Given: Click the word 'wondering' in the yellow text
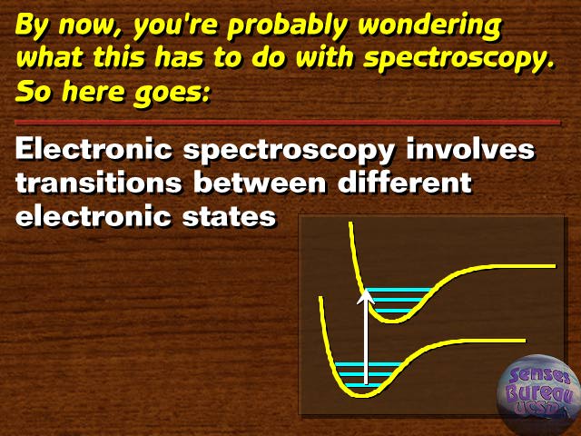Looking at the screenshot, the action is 429,25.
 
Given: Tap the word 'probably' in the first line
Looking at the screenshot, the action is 288,26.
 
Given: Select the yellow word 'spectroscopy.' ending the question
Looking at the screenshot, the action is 459,60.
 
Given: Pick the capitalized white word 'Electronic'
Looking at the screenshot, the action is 94,149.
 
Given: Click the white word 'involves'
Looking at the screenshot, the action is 470,149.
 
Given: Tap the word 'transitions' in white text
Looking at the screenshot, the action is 99,182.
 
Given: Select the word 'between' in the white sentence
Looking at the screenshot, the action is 260,182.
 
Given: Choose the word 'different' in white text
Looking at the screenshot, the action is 405,182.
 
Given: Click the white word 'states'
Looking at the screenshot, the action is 229,216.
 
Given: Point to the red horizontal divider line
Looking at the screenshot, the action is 288,122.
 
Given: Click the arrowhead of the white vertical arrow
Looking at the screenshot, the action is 366,297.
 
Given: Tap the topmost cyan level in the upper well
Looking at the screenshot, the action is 399,290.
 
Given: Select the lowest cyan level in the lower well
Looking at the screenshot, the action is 359,385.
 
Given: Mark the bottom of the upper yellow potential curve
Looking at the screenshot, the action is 393,321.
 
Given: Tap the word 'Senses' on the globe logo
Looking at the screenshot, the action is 539,376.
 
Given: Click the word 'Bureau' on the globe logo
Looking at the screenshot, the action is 541,394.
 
